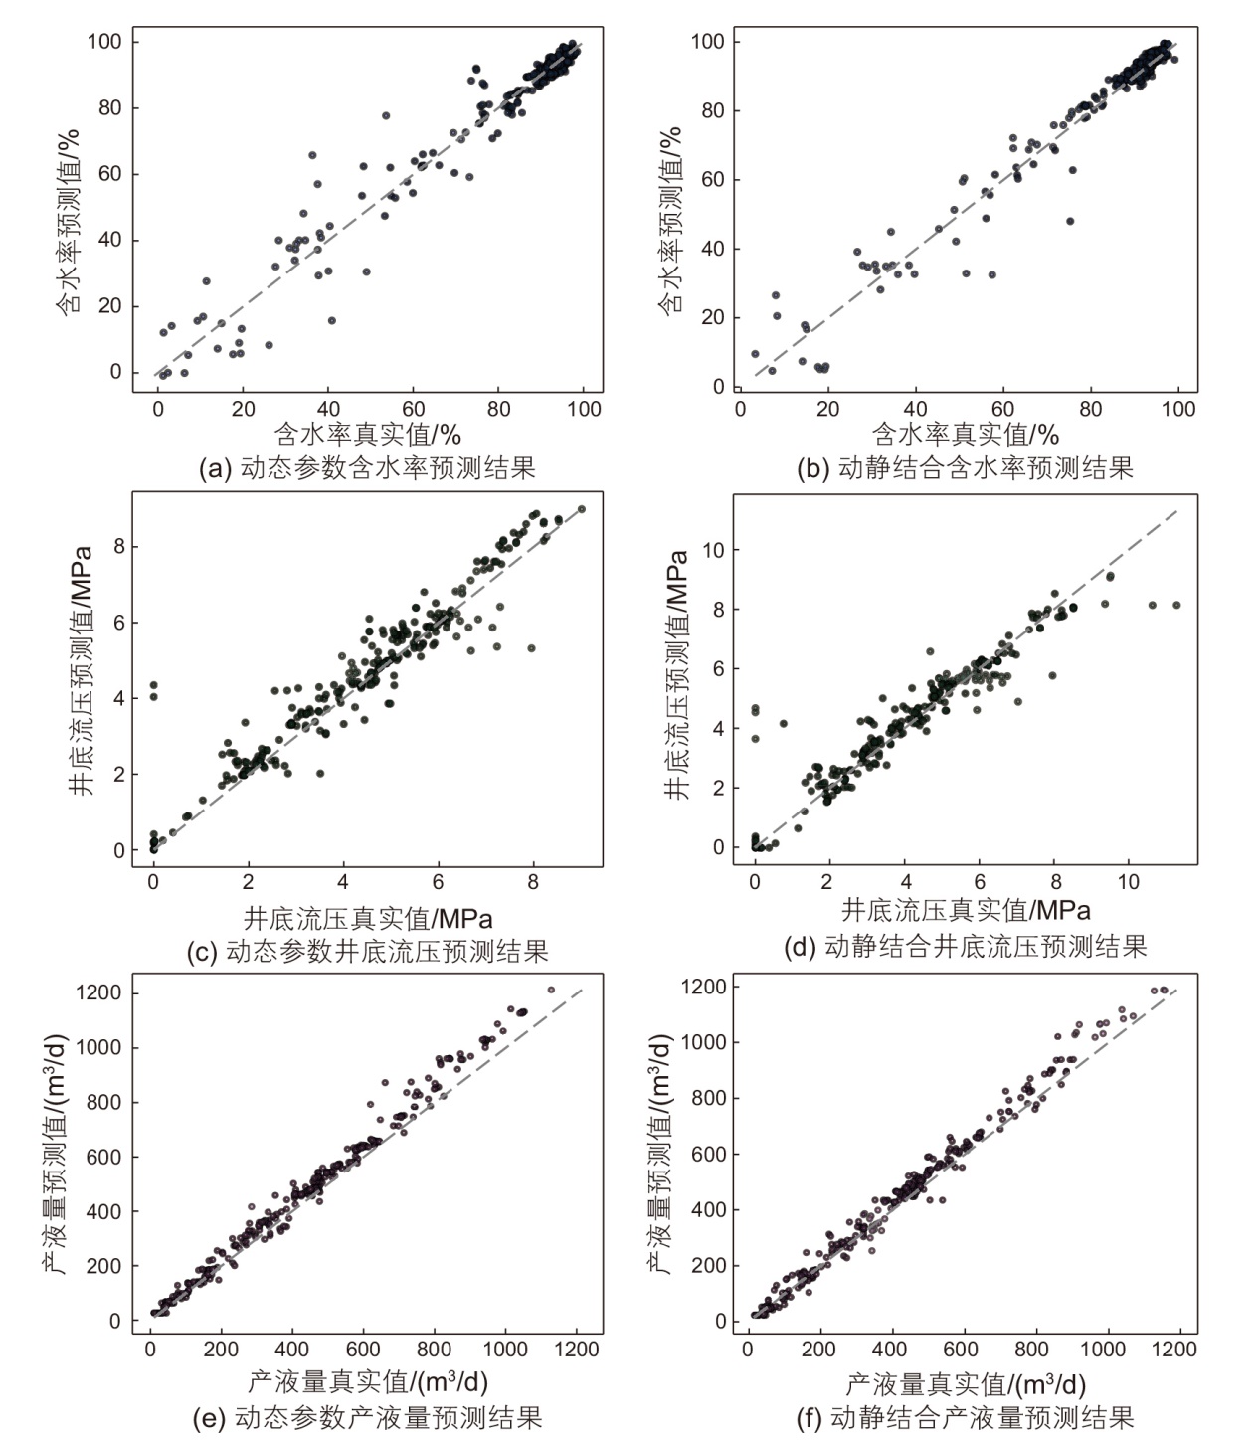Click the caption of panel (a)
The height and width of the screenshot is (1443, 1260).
(367, 467)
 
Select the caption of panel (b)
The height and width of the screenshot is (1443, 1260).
(965, 467)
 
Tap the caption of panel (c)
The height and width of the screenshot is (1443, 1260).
(367, 951)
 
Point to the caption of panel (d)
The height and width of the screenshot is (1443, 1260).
(965, 946)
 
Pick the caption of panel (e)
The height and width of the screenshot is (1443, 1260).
(367, 1417)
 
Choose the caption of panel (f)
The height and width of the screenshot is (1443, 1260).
(965, 1417)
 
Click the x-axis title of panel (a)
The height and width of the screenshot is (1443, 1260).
(367, 435)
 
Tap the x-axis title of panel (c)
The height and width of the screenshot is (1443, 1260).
(367, 917)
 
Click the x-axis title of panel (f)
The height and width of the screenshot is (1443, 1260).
(965, 1383)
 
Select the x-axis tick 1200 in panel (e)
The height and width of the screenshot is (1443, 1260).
(577, 1350)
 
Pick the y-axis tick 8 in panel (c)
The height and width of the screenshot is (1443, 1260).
(118, 547)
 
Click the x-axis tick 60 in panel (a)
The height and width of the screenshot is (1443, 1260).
(413, 409)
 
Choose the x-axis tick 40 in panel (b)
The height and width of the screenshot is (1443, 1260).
(915, 409)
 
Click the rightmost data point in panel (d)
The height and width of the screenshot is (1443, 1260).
(1175, 605)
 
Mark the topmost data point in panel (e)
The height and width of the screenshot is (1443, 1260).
(551, 990)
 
